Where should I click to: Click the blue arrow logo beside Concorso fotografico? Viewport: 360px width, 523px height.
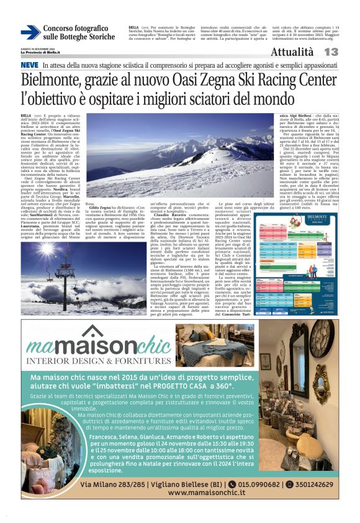30,32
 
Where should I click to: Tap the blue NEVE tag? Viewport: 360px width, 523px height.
29,65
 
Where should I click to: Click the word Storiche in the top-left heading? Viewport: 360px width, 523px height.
98,37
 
